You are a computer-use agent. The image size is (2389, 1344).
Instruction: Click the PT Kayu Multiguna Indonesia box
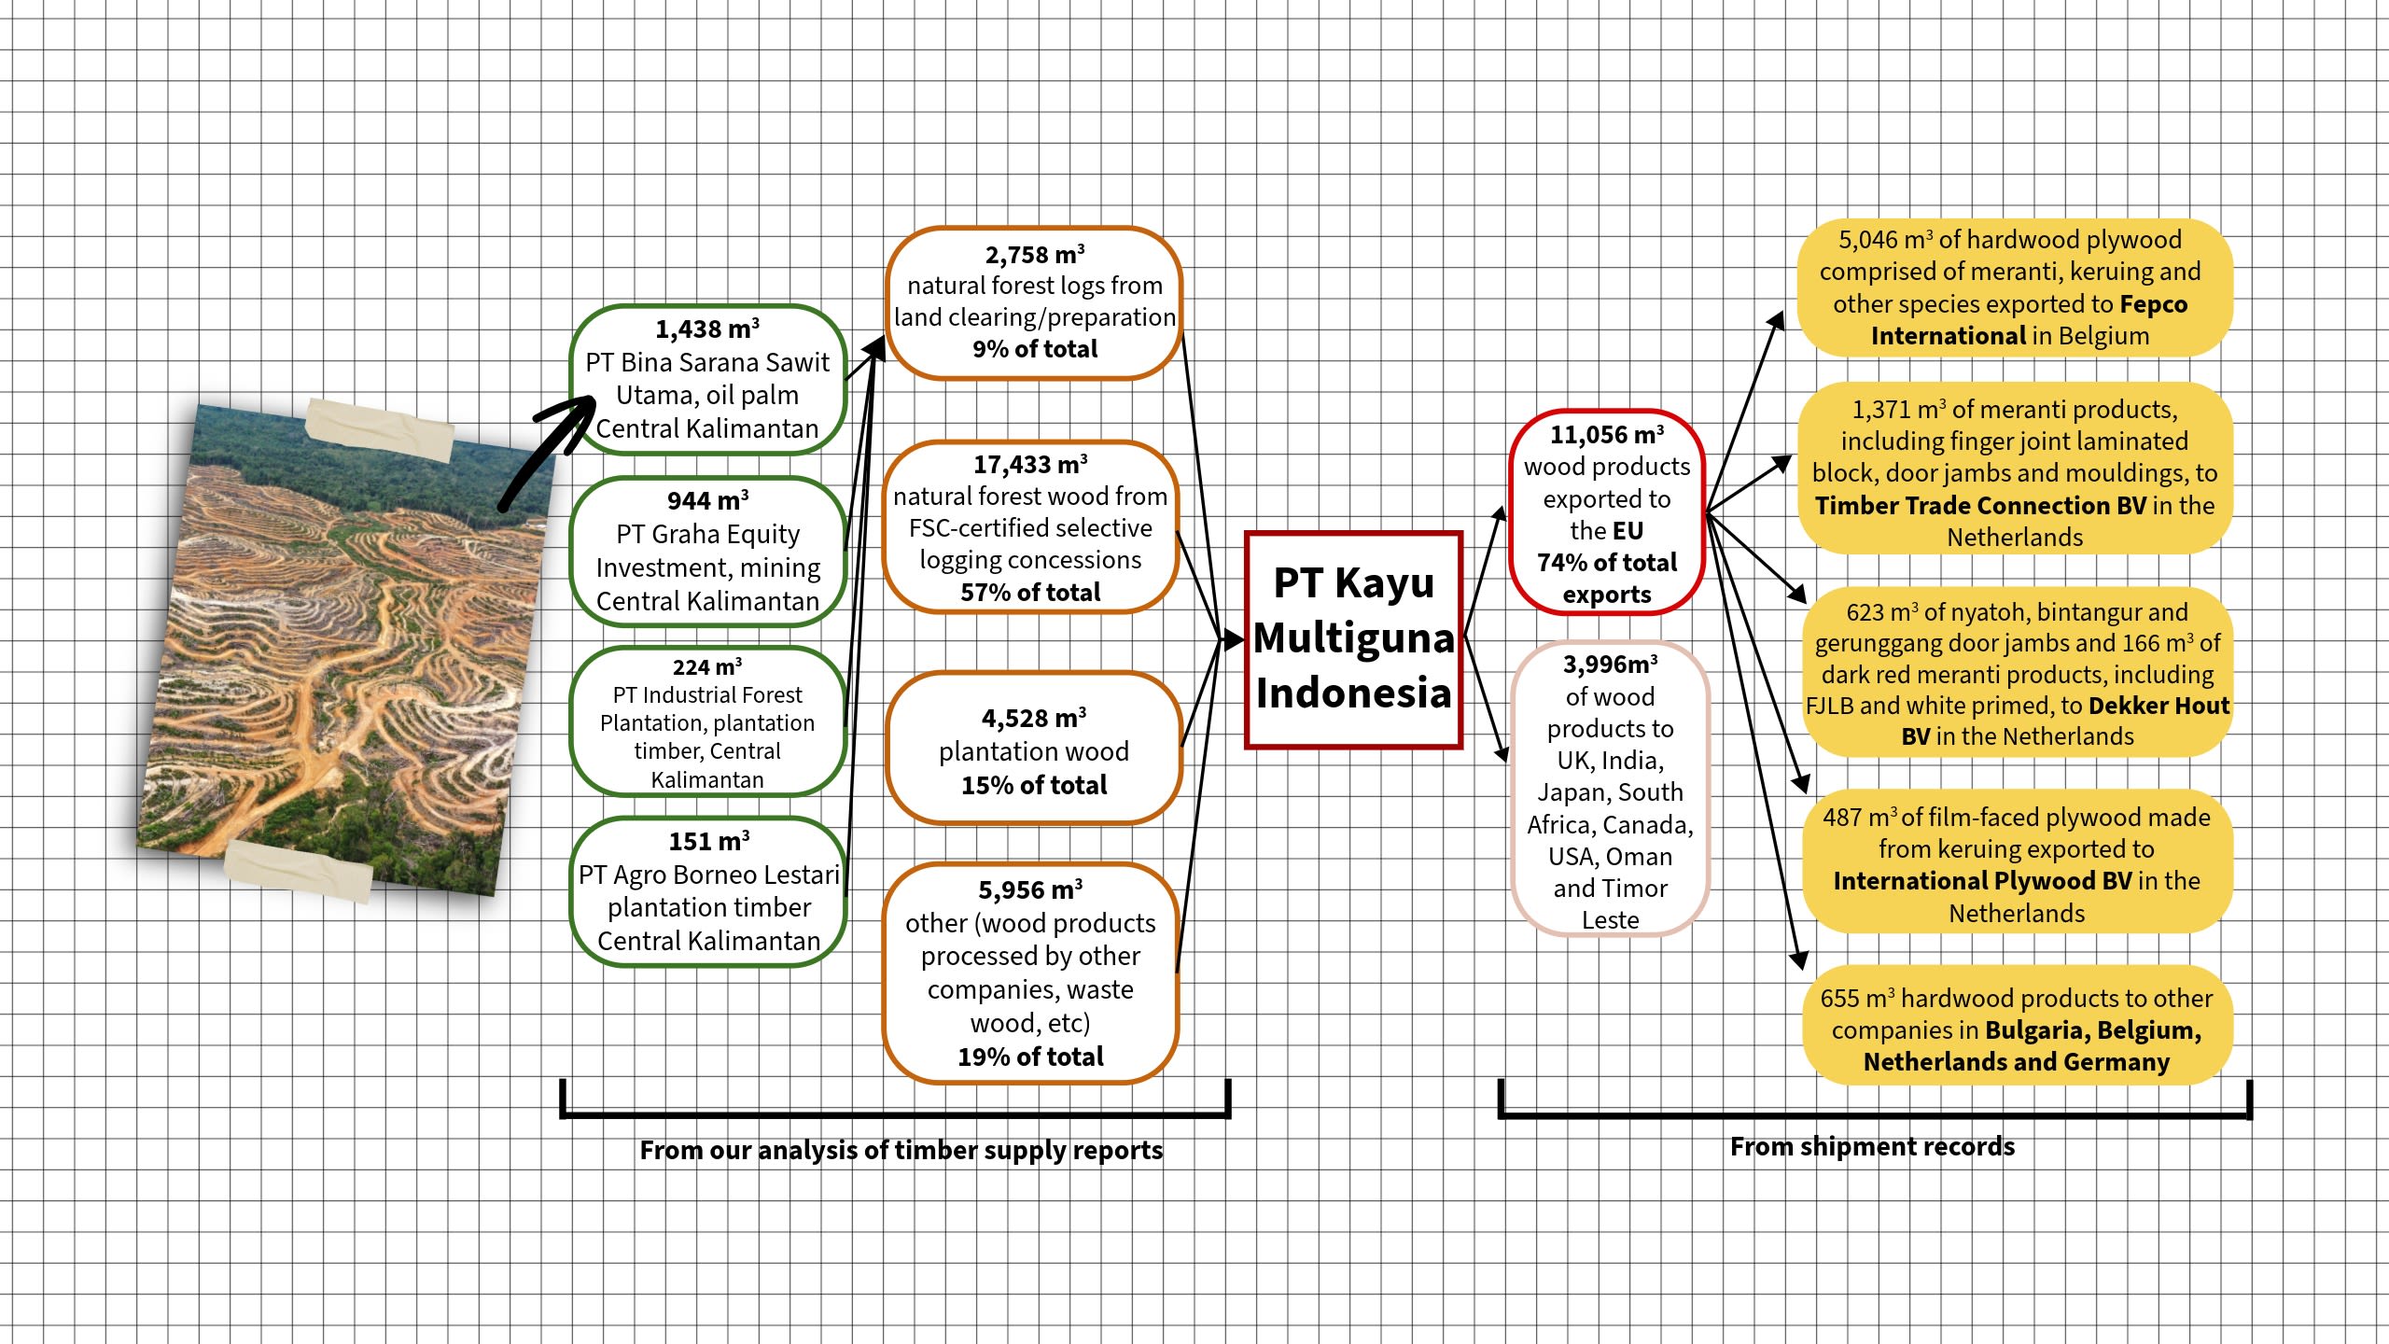point(1353,639)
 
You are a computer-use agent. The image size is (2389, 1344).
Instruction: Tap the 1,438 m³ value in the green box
point(706,329)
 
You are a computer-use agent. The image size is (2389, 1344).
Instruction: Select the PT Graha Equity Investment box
point(707,552)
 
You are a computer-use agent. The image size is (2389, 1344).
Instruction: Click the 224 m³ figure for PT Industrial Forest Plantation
point(706,667)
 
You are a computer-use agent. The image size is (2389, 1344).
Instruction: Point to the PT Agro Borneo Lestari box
point(707,891)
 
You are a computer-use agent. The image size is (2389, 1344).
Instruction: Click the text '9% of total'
point(1034,349)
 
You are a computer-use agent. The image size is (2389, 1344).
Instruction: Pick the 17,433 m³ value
point(1030,465)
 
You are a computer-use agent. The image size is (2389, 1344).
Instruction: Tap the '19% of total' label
point(1030,1057)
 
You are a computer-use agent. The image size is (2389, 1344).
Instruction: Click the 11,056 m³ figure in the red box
point(1606,435)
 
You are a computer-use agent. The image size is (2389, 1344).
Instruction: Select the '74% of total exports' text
point(1606,578)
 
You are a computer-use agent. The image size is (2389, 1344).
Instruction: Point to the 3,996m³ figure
point(1610,665)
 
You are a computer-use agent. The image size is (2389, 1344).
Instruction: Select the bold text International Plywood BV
point(1982,881)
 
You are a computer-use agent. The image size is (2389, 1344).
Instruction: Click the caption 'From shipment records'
point(1872,1146)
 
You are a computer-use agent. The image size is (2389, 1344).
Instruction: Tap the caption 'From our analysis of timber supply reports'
point(901,1150)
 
